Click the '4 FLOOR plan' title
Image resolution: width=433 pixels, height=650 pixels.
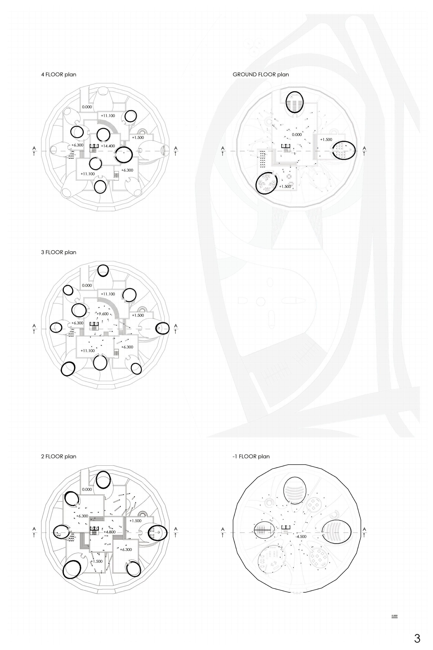pyautogui.click(x=58, y=75)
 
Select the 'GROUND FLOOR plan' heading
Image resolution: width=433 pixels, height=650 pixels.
pyautogui.click(x=261, y=75)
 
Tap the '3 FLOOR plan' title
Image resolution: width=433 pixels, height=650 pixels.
pyautogui.click(x=58, y=252)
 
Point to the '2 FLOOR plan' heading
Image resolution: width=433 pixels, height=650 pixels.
pyautogui.click(x=58, y=456)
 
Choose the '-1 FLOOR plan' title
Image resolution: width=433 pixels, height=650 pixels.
pyautogui.click(x=251, y=456)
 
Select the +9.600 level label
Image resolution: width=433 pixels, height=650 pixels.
pyautogui.click(x=102, y=314)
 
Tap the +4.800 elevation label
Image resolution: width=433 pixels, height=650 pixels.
pyautogui.click(x=109, y=532)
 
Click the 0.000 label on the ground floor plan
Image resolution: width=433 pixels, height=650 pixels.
pyautogui.click(x=297, y=135)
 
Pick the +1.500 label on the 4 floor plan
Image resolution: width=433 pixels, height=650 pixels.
pyautogui.click(x=138, y=137)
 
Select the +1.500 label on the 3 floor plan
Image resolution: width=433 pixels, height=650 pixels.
pyautogui.click(x=138, y=315)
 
